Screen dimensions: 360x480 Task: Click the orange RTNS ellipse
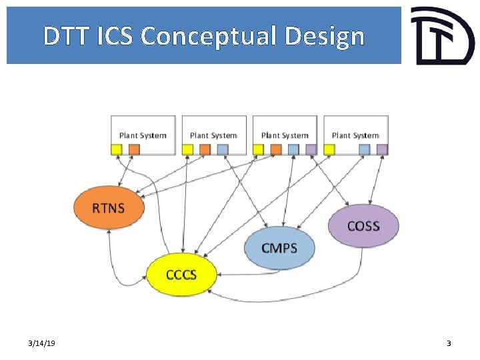click(x=109, y=207)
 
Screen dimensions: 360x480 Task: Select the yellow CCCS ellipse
click(x=181, y=274)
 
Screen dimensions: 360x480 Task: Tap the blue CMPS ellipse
click(x=279, y=248)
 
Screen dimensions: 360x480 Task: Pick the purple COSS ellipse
click(x=363, y=225)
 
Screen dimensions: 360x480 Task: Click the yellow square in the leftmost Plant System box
click(x=117, y=149)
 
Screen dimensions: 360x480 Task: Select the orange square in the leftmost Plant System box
click(x=134, y=149)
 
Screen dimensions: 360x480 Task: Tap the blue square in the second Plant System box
click(x=223, y=149)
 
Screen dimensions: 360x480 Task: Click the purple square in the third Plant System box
click(x=311, y=149)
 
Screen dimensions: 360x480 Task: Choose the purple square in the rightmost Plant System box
click(x=381, y=149)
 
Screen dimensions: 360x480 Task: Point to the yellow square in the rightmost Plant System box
click(x=329, y=149)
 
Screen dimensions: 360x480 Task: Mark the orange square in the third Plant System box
click(x=276, y=149)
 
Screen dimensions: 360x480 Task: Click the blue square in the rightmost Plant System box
click(x=364, y=149)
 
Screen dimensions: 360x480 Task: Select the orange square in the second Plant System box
click(x=205, y=149)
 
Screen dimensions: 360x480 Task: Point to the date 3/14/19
click(x=42, y=343)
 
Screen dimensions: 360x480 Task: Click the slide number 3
click(x=449, y=343)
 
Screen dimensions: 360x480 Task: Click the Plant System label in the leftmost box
click(x=143, y=135)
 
